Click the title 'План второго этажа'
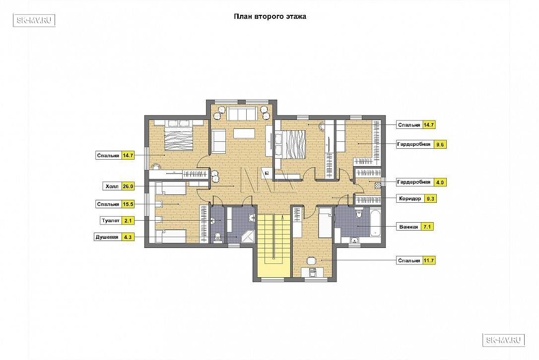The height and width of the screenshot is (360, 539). [x=270, y=16]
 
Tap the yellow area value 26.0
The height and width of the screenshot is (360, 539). [x=128, y=186]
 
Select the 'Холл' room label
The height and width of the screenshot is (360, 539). [x=112, y=186]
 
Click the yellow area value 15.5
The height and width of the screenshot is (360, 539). [x=128, y=204]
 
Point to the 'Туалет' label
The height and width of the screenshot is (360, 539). [x=111, y=221]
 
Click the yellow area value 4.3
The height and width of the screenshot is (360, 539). [x=128, y=237]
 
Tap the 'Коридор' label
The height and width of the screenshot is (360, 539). [x=410, y=198]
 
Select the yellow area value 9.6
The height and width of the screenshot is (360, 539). [x=440, y=145]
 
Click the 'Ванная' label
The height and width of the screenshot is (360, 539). [x=409, y=227]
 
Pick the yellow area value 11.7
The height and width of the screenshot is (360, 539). [x=429, y=260]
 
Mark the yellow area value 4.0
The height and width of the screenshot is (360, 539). [x=440, y=182]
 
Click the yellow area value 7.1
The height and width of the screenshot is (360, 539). [x=427, y=227]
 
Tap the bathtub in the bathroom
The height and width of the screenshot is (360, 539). [x=375, y=223]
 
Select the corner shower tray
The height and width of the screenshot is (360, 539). [x=249, y=236]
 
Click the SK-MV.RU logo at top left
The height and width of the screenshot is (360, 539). [x=34, y=20]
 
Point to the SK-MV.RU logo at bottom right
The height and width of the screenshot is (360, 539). [x=504, y=340]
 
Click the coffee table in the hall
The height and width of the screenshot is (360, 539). [x=244, y=133]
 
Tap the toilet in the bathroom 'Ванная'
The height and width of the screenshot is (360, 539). [x=359, y=213]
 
